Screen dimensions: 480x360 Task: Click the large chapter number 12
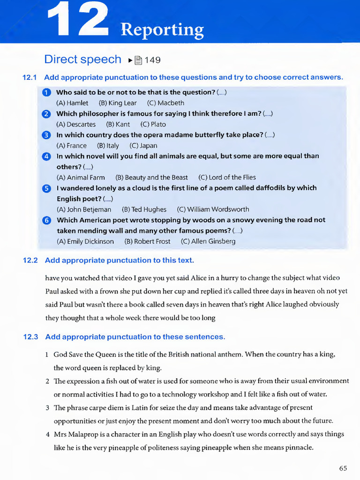78,20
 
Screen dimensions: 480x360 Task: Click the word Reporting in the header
162,30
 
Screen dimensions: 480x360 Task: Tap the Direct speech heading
82,60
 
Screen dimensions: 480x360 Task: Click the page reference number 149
153,60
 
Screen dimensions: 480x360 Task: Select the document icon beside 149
138,60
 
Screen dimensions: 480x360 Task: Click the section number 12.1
30,77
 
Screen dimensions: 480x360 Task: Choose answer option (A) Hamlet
72,103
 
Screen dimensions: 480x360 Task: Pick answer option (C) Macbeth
165,103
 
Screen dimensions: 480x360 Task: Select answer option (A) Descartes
76,124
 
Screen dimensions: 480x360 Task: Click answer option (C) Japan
143,146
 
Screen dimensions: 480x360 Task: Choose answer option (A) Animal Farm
81,178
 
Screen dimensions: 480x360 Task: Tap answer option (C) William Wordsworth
213,210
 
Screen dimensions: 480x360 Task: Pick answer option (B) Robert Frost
147,241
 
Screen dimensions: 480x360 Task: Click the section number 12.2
30,260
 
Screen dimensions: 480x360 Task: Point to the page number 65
343,468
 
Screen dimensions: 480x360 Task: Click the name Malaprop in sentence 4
84,434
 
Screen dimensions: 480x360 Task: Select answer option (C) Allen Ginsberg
208,241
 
